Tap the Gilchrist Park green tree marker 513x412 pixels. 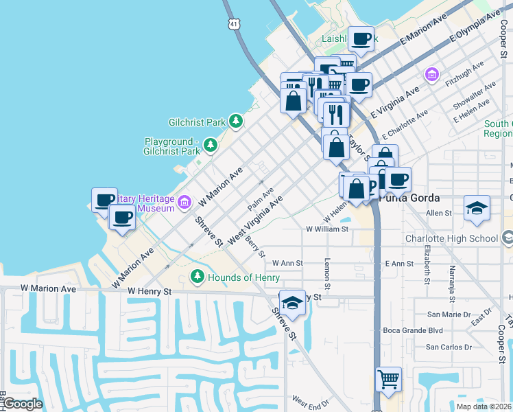(x=236, y=122)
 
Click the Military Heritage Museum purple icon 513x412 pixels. (x=184, y=202)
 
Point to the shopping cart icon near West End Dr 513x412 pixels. (x=388, y=379)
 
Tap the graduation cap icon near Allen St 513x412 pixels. (x=477, y=207)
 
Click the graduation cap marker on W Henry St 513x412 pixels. (x=292, y=303)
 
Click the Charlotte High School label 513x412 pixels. (x=462, y=239)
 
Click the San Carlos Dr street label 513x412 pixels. (x=449, y=347)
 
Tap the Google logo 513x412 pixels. (x=23, y=404)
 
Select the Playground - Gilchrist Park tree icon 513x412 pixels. (x=210, y=145)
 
